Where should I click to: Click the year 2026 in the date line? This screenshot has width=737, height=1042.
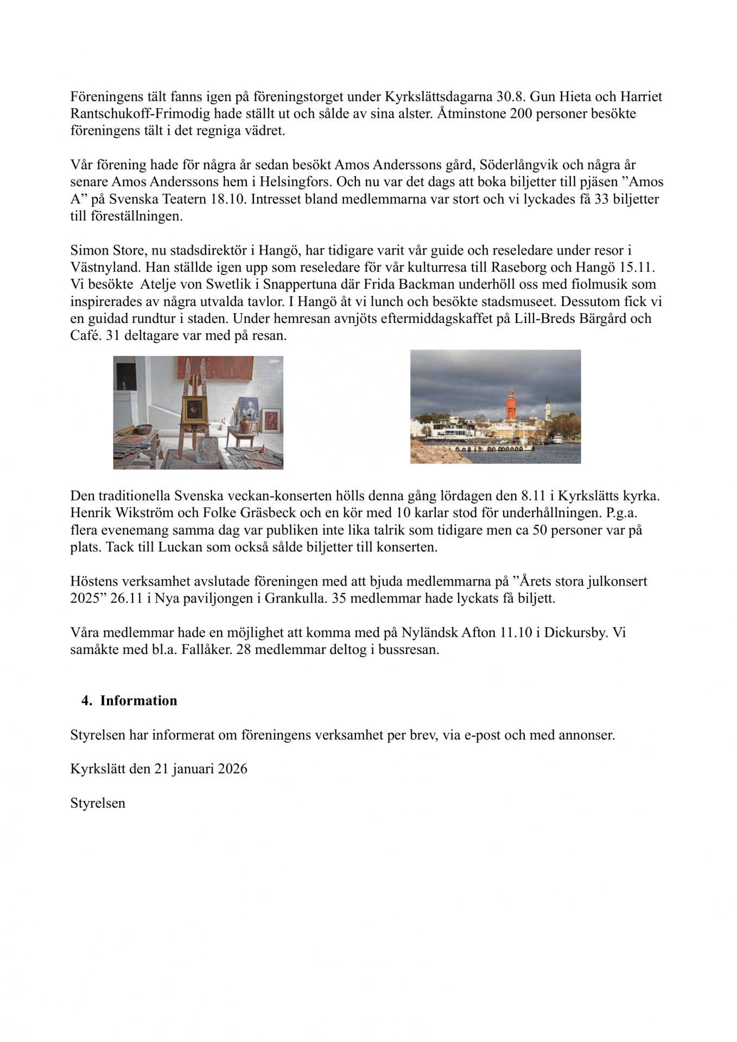click(232, 769)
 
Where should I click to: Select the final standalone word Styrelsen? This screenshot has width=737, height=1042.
click(98, 803)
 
